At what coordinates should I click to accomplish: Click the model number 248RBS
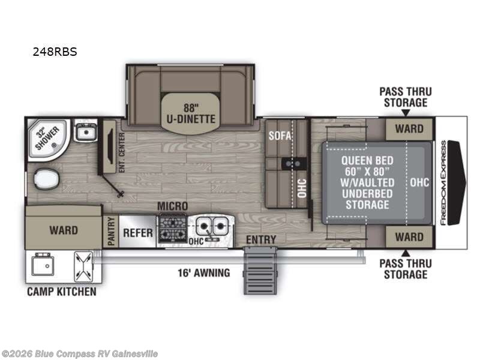click(54, 52)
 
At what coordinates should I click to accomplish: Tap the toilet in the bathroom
click(46, 179)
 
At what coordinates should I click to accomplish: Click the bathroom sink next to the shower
click(86, 130)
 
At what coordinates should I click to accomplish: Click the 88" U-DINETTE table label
click(191, 113)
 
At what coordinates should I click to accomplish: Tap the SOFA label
click(280, 136)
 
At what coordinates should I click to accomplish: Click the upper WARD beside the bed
click(409, 128)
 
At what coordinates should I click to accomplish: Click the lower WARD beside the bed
click(409, 236)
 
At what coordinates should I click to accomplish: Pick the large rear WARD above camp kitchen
click(64, 229)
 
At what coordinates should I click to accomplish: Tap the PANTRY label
click(111, 232)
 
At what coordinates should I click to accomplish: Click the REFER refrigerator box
click(138, 232)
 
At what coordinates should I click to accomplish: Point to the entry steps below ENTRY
click(260, 272)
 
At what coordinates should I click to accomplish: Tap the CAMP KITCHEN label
click(61, 292)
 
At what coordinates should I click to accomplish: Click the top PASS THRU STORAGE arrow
click(405, 112)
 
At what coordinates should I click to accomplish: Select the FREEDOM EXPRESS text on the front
click(443, 182)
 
